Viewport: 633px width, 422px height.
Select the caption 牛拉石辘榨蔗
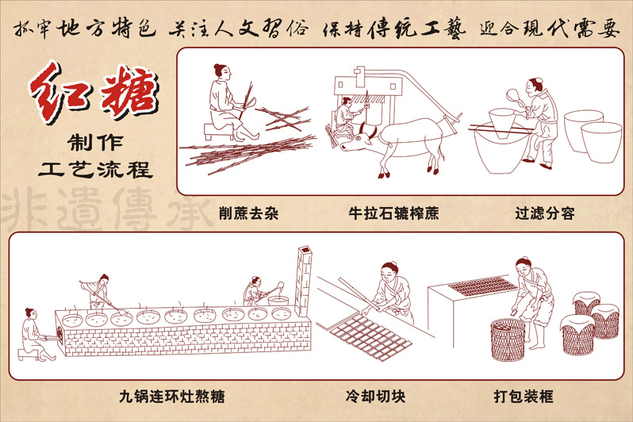(x=393, y=213)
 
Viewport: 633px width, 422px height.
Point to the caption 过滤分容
(x=543, y=213)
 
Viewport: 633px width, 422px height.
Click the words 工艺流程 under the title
(x=96, y=169)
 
